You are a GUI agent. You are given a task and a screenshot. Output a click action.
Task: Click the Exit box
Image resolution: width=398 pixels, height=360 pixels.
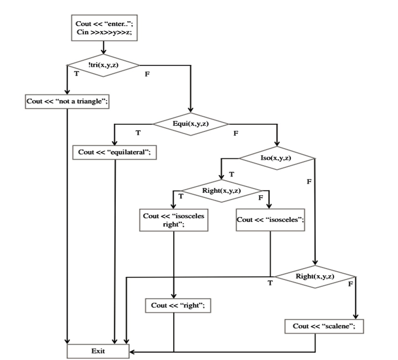98,351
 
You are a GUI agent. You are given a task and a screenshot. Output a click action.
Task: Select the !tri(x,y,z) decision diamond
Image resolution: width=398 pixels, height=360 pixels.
103,65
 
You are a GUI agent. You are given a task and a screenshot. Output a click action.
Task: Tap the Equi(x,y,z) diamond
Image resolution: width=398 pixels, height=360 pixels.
191,124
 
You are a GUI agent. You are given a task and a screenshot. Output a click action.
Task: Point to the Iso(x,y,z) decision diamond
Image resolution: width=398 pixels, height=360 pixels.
277,158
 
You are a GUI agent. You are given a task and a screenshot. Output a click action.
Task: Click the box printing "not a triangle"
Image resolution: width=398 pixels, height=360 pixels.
67,102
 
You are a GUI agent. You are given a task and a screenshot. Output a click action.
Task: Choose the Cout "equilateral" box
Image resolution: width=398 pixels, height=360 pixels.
114,152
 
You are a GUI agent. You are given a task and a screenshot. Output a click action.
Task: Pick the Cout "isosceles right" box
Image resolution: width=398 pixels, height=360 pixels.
174,220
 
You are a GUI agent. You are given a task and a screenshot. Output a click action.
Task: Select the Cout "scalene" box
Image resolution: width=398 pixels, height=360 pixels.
324,326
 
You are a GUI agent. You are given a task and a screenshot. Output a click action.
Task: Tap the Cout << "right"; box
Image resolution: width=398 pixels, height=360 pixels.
178,305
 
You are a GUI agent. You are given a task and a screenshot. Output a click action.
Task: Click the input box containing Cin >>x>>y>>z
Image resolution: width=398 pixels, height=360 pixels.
105,28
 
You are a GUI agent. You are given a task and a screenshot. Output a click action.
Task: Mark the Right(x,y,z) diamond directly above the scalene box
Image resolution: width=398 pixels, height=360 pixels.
315,276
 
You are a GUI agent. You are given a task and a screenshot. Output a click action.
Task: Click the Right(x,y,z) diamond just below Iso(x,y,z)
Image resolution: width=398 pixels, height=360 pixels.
221,191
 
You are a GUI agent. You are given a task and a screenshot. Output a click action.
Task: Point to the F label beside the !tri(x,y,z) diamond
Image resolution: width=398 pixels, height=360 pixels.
147,74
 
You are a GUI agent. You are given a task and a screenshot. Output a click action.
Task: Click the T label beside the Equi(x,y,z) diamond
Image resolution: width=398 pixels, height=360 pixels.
138,133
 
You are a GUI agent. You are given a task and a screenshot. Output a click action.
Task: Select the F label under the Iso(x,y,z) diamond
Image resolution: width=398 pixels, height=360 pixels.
309,181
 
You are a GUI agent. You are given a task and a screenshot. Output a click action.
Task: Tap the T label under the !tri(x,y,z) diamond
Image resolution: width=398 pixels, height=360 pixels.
76,73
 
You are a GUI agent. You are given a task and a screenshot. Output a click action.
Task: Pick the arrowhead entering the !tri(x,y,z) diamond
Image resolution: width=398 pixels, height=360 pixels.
103,51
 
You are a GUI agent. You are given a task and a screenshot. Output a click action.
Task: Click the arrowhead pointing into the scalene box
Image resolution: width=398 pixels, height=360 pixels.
356,316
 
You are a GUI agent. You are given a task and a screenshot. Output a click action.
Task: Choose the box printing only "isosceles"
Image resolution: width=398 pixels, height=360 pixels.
270,220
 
